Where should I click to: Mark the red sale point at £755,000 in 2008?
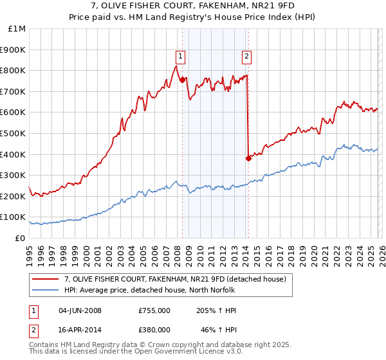182,80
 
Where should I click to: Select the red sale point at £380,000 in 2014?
248,158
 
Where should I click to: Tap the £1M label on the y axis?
17,28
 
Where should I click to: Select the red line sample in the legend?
46,279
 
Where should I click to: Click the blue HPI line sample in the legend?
46,290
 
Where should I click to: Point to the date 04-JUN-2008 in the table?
80,310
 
